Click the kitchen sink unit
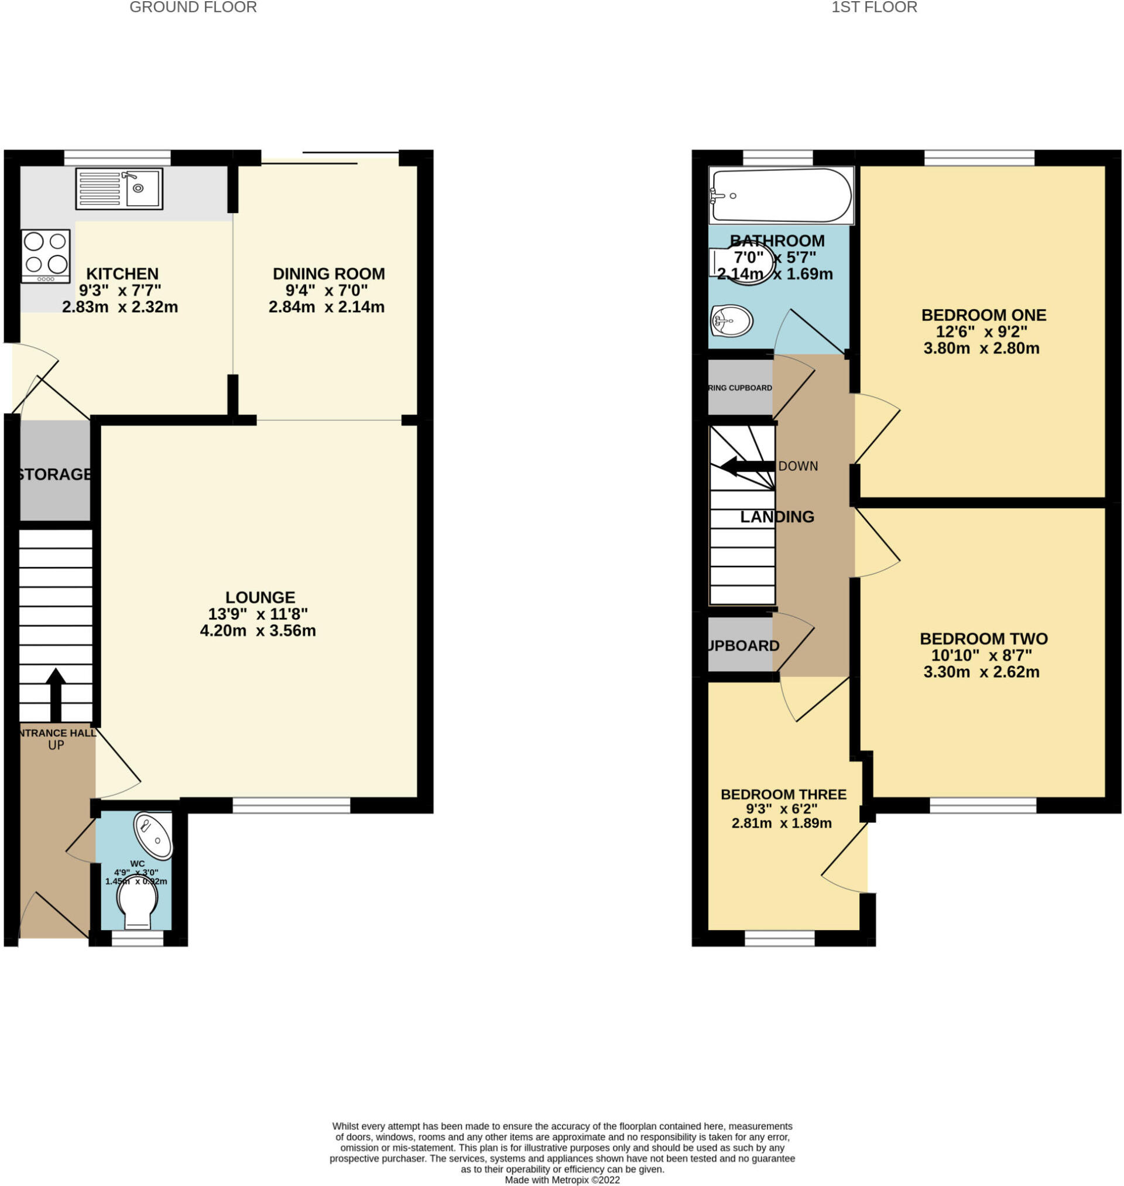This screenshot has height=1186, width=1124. point(119,188)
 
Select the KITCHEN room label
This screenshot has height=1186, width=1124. point(122,274)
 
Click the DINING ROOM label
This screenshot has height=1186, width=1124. point(328,274)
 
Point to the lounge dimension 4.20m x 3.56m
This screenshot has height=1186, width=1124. point(258,630)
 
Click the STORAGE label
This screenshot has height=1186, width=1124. point(54,474)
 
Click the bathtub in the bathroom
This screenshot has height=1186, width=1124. point(780,196)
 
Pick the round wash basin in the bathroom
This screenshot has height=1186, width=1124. point(731,320)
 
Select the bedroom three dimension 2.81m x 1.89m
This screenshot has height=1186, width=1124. point(782,823)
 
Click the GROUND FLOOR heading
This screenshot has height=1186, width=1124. point(193,7)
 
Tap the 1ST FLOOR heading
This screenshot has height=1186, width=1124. point(873,7)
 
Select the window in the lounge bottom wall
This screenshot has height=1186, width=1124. point(291,805)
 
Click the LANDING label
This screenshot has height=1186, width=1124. point(777,517)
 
